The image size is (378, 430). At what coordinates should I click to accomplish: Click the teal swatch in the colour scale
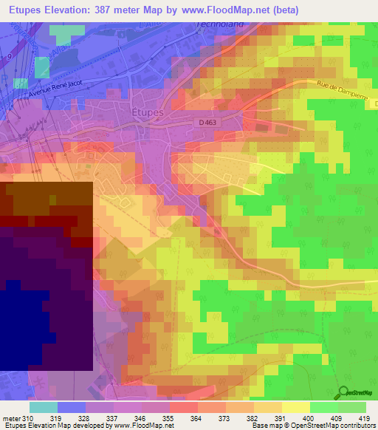pyautogui.click(x=44, y=406)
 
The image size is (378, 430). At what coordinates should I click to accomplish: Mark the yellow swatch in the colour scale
pyautogui.click(x=295, y=406)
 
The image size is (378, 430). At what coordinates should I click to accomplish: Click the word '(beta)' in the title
pyautogui.click(x=306, y=10)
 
